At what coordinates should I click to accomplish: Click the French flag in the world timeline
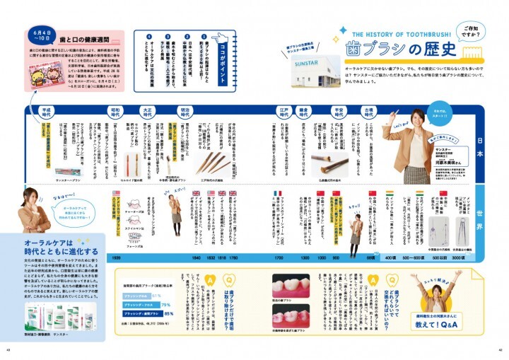click(x=278, y=193)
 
